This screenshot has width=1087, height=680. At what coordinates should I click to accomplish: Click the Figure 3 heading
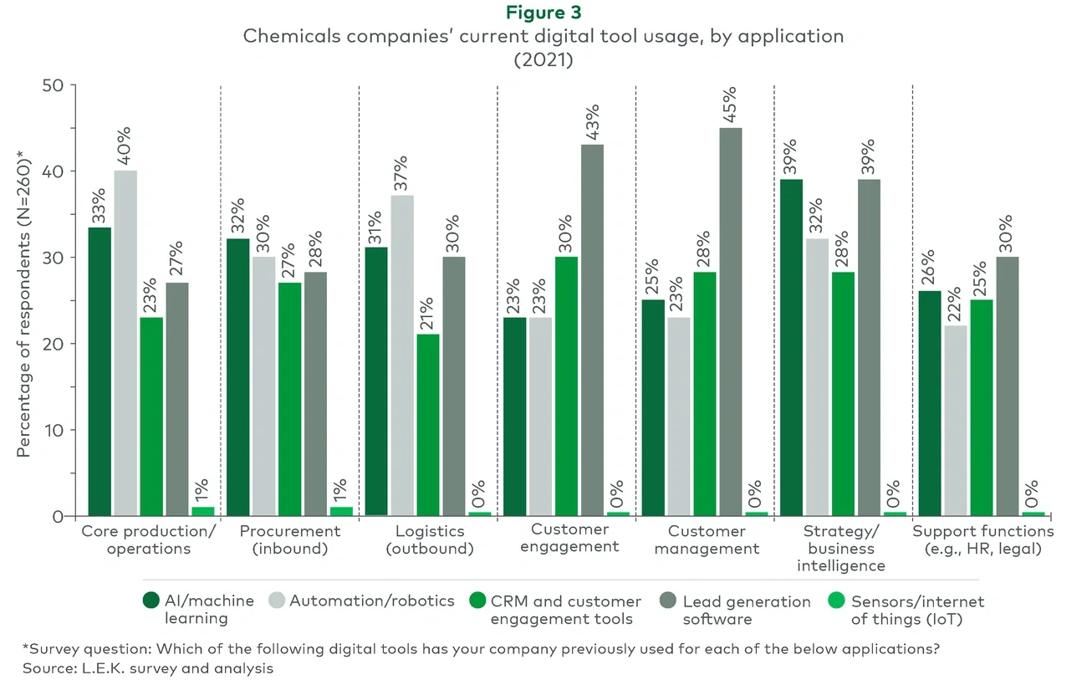pyautogui.click(x=543, y=14)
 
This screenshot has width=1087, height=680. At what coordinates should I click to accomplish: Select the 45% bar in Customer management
pyautogui.click(x=729, y=322)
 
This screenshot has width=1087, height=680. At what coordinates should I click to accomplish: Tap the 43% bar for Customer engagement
pyautogui.click(x=591, y=330)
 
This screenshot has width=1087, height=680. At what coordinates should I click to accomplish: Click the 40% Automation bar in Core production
pyautogui.click(x=125, y=343)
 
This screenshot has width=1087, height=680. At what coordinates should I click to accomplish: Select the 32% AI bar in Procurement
pyautogui.click(x=237, y=377)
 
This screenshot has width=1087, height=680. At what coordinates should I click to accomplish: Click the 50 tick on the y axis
pyautogui.click(x=54, y=85)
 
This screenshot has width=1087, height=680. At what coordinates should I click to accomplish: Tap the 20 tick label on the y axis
pyautogui.click(x=54, y=344)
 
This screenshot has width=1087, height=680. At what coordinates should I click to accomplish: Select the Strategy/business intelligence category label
pyautogui.click(x=844, y=548)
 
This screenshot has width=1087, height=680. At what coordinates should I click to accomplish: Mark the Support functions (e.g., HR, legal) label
pyautogui.click(x=982, y=540)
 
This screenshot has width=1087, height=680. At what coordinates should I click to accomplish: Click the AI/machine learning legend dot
pyautogui.click(x=151, y=601)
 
